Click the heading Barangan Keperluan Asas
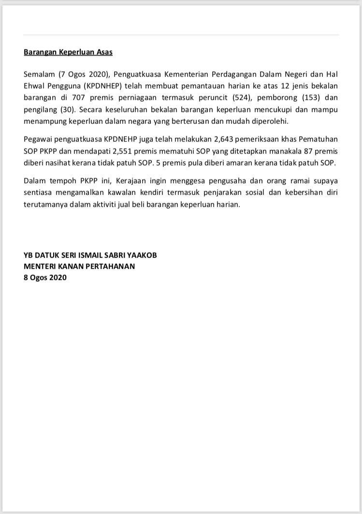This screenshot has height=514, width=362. coord(68,52)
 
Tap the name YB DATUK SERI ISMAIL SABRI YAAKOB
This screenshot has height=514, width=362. coord(90,255)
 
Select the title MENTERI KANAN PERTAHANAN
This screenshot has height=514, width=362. coord(79,266)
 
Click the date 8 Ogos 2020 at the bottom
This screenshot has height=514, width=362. coord(45,278)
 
